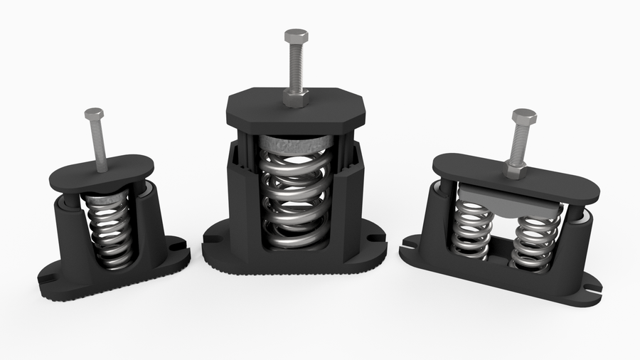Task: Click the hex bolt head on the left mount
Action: (x=93, y=114)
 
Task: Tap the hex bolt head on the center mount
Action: (x=295, y=36)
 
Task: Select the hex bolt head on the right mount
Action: (x=524, y=118)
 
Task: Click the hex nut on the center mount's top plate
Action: (x=295, y=97)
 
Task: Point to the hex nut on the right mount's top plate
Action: (x=516, y=169)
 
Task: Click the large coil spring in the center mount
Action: (x=293, y=199)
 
